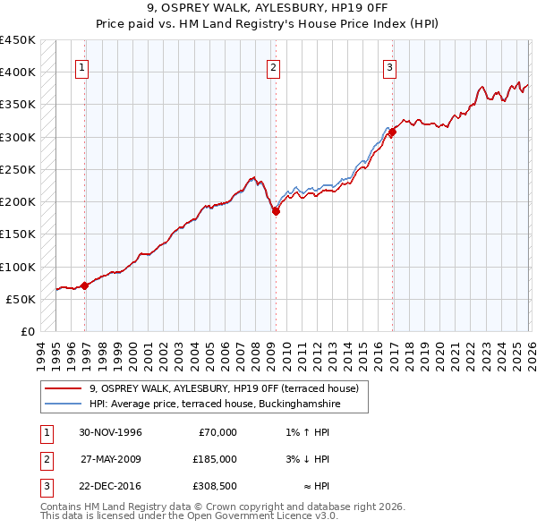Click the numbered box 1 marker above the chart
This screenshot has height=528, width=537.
81,66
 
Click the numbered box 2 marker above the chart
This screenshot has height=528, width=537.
272,66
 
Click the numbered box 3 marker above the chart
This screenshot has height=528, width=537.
390,66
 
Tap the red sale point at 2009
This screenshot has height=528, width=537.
276,212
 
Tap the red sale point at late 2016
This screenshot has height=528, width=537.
392,132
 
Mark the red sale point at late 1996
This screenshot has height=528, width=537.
85,286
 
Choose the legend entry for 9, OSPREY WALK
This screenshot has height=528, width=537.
224,388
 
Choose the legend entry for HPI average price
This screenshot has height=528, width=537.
215,405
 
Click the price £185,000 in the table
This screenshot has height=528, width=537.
214,459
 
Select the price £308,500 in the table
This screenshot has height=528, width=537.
214,486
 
